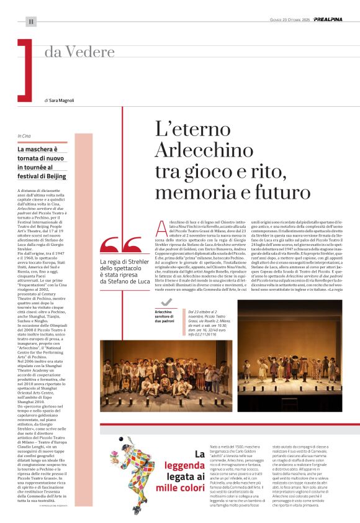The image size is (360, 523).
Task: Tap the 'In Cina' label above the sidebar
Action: coord(24,136)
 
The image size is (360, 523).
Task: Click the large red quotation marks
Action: coord(115,247)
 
